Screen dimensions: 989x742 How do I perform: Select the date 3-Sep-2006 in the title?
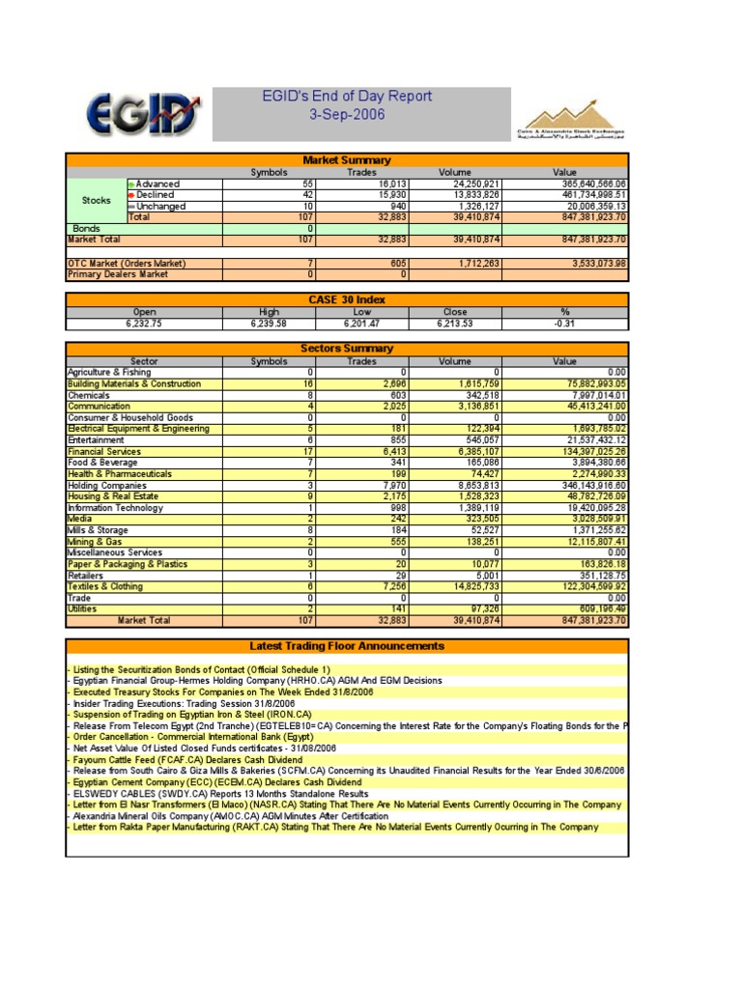(346, 115)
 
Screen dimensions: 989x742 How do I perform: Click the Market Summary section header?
(346, 160)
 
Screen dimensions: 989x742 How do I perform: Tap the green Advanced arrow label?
(155, 184)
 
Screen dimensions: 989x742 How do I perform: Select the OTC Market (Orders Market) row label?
(127, 264)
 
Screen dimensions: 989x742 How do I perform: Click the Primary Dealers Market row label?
(118, 274)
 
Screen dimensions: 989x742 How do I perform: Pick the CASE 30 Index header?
(346, 300)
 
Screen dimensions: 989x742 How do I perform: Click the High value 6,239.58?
(268, 324)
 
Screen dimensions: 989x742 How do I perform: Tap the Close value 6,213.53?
(455, 324)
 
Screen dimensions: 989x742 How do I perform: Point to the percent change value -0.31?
(564, 324)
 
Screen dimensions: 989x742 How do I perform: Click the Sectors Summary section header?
(346, 349)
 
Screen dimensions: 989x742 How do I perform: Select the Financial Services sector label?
(103, 451)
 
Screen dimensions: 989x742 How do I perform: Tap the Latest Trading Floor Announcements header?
(346, 646)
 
